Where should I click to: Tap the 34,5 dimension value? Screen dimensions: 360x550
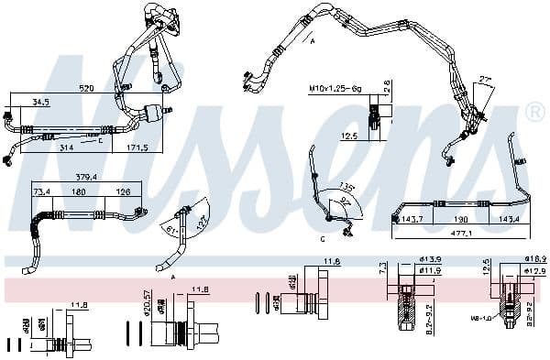pyautogui.click(x=41, y=102)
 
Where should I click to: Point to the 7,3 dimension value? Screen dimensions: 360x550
pyautogui.click(x=382, y=267)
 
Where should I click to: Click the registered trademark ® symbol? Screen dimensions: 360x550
pyautogui.click(x=534, y=113)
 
